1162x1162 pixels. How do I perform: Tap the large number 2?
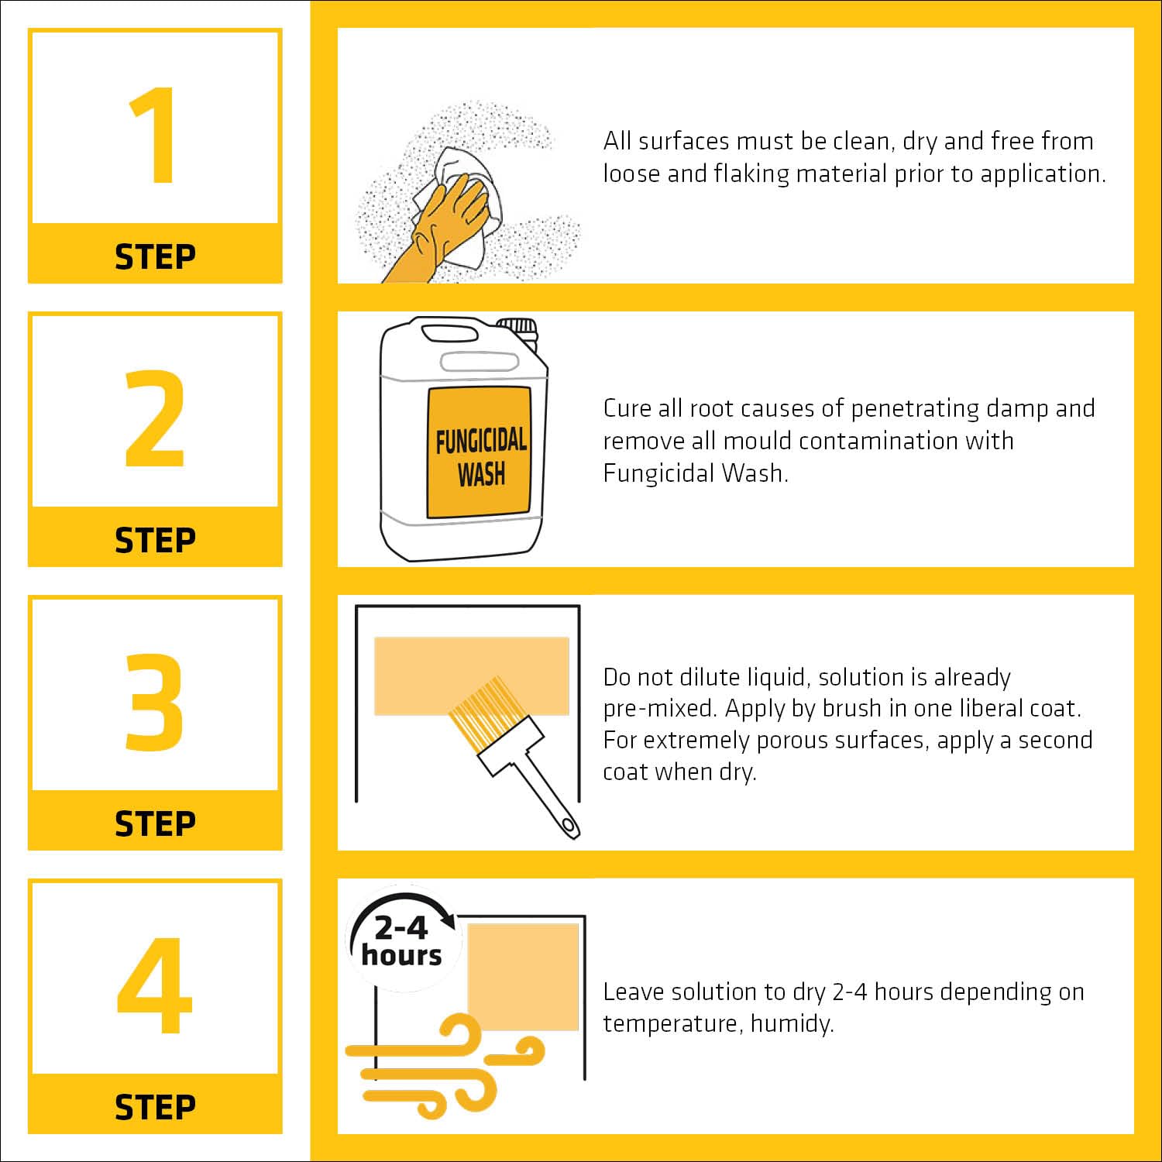pyautogui.click(x=155, y=418)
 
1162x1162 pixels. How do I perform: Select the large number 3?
pyautogui.click(x=155, y=702)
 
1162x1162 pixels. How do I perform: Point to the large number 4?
pyautogui.click(x=154, y=985)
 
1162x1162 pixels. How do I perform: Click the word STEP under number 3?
pyautogui.click(x=155, y=823)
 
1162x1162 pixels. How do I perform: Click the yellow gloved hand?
pyautogui.click(x=438, y=229)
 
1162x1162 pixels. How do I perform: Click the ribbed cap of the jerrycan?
pyautogui.click(x=517, y=328)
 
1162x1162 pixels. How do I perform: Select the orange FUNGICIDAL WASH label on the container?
pyautogui.click(x=480, y=452)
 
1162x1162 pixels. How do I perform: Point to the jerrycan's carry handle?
pyautogui.click(x=449, y=333)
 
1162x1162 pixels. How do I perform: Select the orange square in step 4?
pyautogui.click(x=523, y=977)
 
